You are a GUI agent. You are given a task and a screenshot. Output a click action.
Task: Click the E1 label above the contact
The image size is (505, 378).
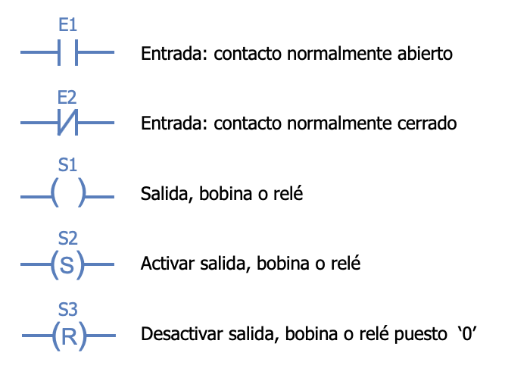pos(67,25)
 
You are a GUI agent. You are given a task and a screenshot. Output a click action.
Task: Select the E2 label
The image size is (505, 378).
pos(67,97)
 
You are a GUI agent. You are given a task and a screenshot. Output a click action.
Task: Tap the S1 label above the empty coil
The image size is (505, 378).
pos(67,164)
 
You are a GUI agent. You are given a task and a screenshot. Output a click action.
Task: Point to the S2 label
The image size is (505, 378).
pos(67,239)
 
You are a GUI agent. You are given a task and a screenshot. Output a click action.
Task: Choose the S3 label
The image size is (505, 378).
pos(67,309)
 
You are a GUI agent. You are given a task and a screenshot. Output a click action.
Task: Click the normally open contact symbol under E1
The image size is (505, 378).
pos(67,52)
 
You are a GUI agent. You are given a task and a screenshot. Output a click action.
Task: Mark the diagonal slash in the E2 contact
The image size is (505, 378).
pos(67,122)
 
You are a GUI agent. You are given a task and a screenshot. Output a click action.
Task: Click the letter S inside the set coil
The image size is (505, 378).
pos(67,265)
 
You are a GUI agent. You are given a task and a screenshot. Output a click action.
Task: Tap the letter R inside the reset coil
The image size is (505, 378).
pos(69,336)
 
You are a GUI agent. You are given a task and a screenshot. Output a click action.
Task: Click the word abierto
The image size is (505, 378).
pos(425,53)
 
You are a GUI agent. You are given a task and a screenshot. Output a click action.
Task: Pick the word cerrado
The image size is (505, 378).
pos(427,123)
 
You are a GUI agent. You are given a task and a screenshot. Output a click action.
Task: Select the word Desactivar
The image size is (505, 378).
pos(182,333)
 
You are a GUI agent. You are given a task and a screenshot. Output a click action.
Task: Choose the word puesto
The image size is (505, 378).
pos(421,335)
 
